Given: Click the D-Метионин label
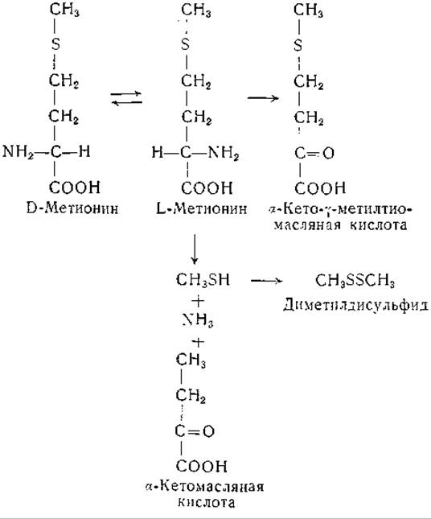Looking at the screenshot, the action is (72, 208).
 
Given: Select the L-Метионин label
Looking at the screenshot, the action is (202, 208).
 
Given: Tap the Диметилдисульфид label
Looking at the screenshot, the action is (355, 304).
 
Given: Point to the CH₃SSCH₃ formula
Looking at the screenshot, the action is (355, 280).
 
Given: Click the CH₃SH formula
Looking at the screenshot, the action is (203, 280).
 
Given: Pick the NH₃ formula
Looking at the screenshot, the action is (198, 320).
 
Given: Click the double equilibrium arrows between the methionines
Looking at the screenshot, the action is (126, 98).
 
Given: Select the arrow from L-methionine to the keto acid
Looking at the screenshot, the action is (263, 98).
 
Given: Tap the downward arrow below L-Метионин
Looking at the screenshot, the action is (195, 249).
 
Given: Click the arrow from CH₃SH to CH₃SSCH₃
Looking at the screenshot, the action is (267, 281).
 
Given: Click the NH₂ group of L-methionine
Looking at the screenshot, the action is (224, 153).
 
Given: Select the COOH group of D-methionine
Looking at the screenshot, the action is (75, 187).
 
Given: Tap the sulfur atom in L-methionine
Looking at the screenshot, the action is (186, 44).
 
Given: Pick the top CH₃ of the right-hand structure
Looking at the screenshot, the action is (308, 10).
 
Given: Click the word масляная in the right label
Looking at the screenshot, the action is (308, 225).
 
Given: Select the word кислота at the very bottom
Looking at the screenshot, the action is (207, 502).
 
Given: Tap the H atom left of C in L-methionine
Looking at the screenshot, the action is (158, 153).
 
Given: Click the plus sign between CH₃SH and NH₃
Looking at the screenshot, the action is (198, 301).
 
